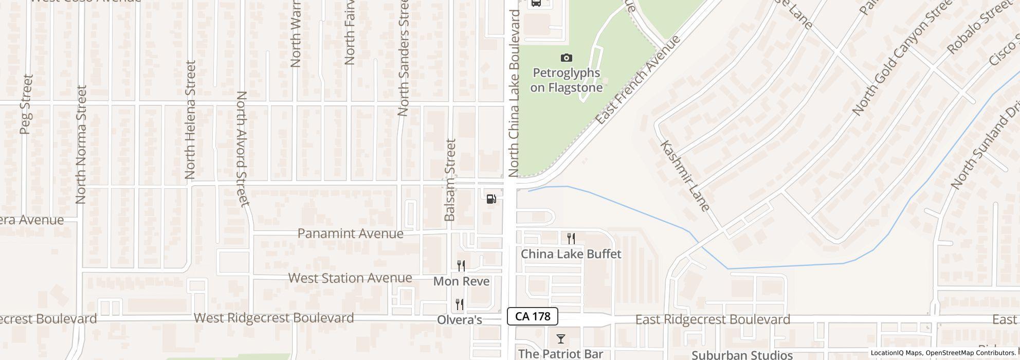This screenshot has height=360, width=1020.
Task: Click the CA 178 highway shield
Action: [533, 316]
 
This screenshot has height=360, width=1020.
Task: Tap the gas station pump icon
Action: [491, 199]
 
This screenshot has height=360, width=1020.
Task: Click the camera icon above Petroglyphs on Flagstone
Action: [566, 58]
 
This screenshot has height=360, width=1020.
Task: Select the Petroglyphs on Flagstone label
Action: [566, 80]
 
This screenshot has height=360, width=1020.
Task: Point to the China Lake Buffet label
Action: [571, 254]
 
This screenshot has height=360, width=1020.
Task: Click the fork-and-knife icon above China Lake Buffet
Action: [571, 239]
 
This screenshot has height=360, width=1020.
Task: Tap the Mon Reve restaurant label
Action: [461, 281]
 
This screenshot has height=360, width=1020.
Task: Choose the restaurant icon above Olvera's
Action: [460, 304]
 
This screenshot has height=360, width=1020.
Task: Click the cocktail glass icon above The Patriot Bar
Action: [560, 339]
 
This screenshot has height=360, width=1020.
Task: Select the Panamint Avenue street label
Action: [350, 233]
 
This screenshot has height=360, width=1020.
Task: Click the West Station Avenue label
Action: [350, 278]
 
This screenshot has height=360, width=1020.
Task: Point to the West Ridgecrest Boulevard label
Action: [274, 318]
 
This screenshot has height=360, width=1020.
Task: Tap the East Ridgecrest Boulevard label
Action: [713, 320]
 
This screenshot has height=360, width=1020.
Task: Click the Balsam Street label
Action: [450, 180]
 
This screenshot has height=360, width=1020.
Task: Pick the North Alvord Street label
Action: [243, 149]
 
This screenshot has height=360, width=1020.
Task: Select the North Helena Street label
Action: [190, 120]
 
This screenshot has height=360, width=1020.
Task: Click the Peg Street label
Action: [26, 104]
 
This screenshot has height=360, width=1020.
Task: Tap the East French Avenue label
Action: [638, 80]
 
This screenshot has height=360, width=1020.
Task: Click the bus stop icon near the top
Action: [536, 3]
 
